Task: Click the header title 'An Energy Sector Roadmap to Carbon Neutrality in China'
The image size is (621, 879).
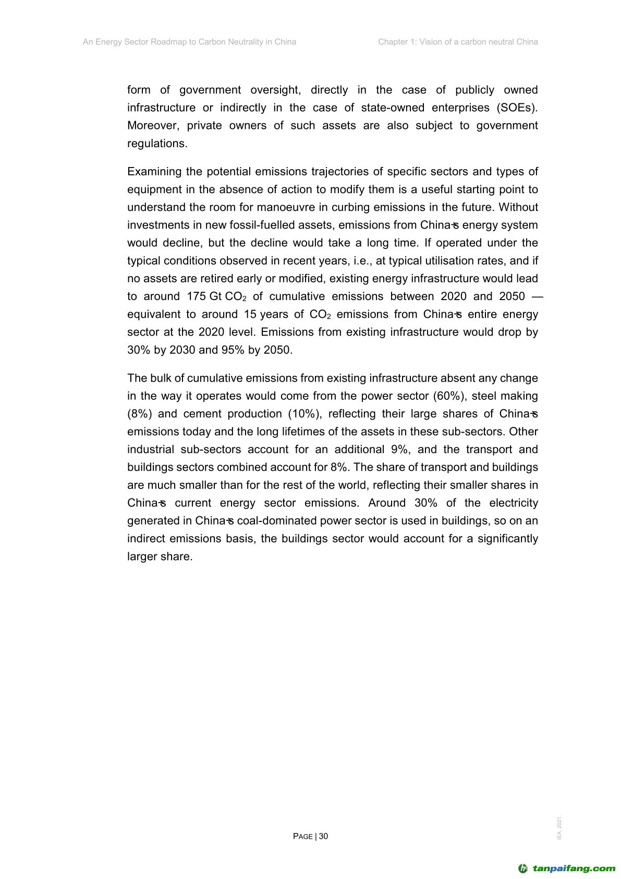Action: (x=189, y=42)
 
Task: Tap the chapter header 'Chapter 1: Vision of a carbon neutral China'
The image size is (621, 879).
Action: (x=458, y=42)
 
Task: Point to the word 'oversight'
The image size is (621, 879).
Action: (x=275, y=90)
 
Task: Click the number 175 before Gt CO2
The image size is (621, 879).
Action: (x=196, y=296)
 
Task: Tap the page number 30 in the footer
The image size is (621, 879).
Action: (x=323, y=836)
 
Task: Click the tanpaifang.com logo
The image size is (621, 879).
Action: (x=567, y=869)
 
